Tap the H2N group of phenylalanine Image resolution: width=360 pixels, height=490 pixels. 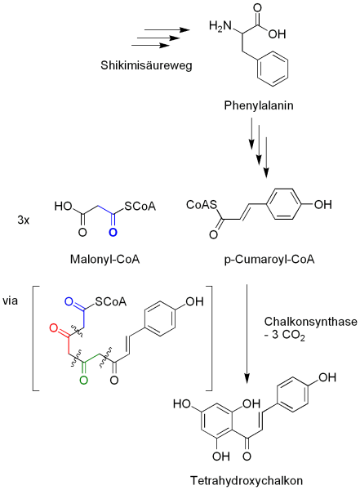point(222,29)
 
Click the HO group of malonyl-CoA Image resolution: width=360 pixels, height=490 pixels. point(63,207)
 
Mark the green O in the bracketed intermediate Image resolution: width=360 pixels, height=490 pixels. point(83,378)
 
